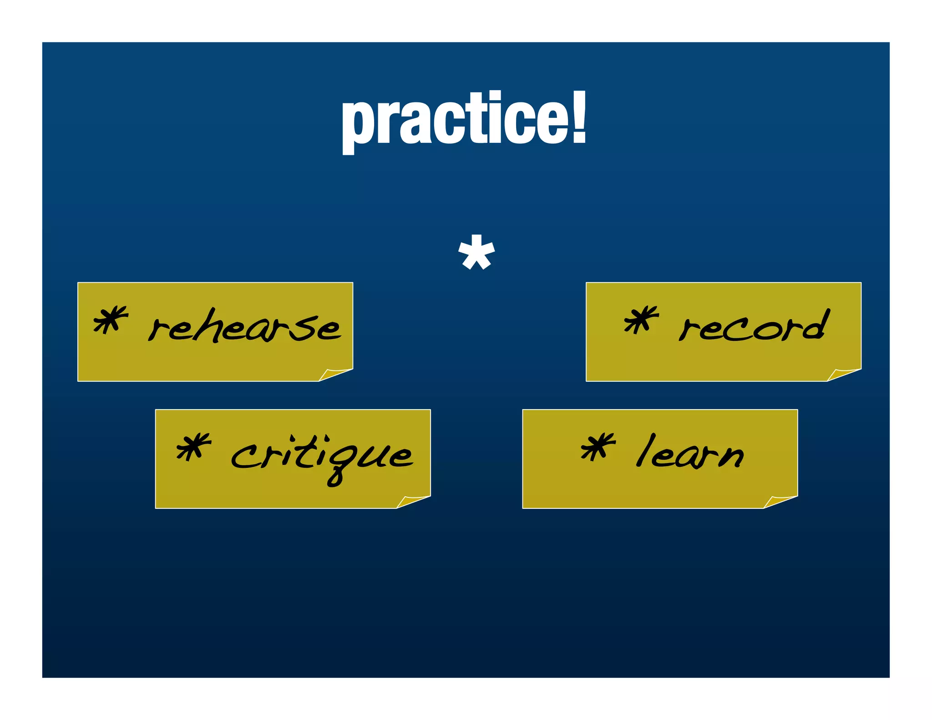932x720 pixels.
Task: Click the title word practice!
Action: tap(464, 119)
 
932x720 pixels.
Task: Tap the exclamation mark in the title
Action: tap(578, 117)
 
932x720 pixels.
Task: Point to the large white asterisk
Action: tap(476, 253)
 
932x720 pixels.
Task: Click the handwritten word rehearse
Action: tap(244, 326)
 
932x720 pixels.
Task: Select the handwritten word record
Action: tap(753, 325)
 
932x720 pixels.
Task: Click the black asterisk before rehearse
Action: tap(110, 319)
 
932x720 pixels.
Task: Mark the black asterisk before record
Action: tap(641, 319)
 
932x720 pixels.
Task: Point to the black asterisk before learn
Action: tap(598, 446)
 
